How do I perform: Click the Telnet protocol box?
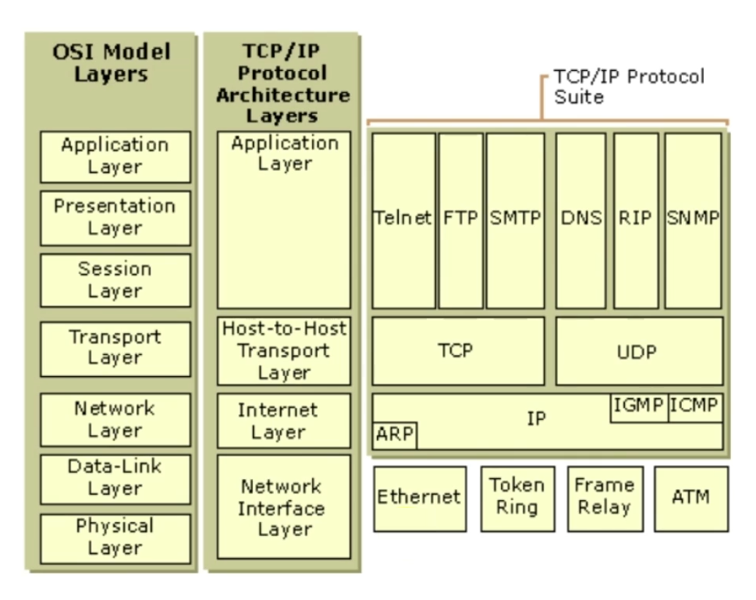403,220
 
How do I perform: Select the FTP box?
460,220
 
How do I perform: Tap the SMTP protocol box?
515,220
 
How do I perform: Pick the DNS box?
580,220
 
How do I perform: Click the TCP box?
458,351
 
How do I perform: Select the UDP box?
639,351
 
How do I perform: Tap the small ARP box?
394,435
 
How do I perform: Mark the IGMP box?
638,407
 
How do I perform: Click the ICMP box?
695,407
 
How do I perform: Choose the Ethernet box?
419,499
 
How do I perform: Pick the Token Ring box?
516,499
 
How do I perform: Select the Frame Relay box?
604,499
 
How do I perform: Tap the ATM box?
690,499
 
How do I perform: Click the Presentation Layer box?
115,218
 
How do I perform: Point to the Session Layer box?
115,280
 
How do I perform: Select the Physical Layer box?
115,537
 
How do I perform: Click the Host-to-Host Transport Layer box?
284,351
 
